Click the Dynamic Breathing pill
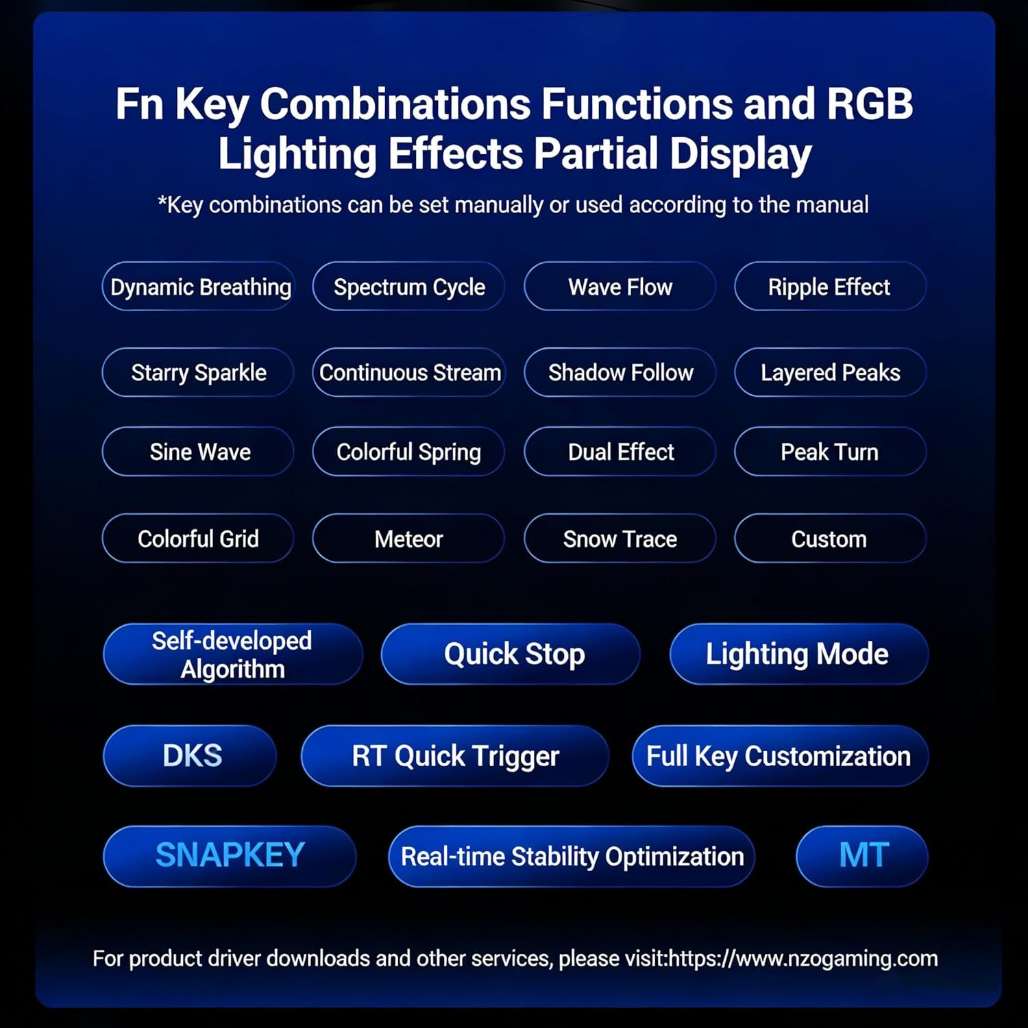199,286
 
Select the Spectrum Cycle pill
408,286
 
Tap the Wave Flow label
620,287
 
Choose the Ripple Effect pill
830,286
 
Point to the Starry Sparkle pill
199,372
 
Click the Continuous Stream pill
408,372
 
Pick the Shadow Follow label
621,372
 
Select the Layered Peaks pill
830,372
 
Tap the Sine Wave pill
199,452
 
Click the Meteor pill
408,539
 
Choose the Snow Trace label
620,539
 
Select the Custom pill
830,539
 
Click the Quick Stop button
511,654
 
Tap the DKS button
190,755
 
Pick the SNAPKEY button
230,856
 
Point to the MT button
862,856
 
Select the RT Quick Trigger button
454,755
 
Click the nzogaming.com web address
803,958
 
